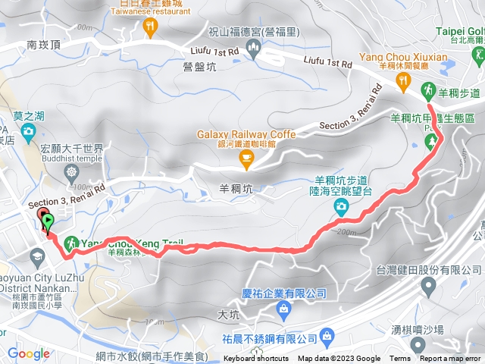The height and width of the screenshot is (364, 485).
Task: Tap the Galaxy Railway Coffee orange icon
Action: [246, 158]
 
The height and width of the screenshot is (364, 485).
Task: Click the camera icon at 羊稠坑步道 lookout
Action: [341, 206]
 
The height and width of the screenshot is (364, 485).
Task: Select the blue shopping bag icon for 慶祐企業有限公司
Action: [283, 308]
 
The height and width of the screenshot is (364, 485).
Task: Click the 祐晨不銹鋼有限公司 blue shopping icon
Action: [327, 335]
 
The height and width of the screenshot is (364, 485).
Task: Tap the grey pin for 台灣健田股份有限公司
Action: [429, 286]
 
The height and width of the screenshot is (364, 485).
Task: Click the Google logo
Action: [28, 353]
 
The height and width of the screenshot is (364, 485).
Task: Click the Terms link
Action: [400, 359]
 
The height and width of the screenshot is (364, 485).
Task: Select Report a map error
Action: [451, 359]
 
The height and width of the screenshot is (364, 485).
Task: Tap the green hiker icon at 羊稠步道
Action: [427, 89]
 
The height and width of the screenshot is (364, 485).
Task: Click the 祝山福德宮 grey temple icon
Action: [253, 49]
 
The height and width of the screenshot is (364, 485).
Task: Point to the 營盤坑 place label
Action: [200, 67]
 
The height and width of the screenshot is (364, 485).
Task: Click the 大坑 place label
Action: [227, 313]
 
